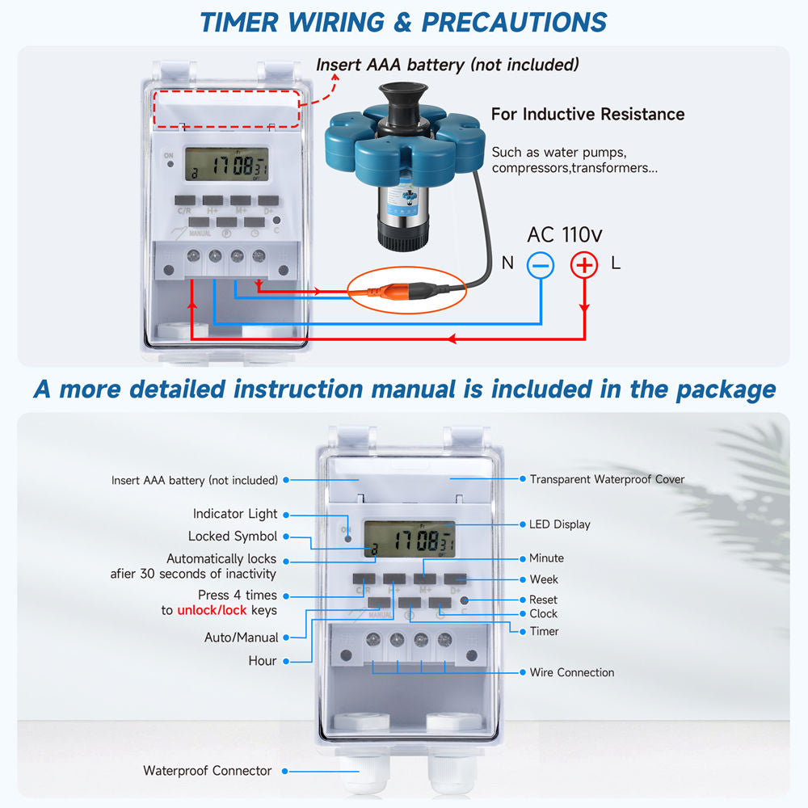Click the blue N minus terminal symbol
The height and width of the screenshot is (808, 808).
(x=541, y=264)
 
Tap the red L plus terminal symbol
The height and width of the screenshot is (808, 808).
(x=584, y=264)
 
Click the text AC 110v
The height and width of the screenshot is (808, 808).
(x=564, y=235)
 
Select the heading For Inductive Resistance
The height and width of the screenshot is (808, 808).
(x=587, y=114)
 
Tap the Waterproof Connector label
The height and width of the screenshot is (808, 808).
(x=207, y=771)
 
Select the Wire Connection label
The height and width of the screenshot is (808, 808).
(x=571, y=672)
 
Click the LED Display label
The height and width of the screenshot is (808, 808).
(x=559, y=524)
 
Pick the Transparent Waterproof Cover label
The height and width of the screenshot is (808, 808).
(x=607, y=479)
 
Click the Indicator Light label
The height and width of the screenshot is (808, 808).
(x=234, y=514)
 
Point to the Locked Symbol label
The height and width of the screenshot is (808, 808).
(x=233, y=537)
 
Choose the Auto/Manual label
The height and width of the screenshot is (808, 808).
(x=241, y=638)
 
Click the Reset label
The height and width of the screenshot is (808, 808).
(x=543, y=600)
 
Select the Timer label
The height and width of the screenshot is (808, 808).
(x=544, y=631)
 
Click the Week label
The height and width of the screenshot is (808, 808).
(x=544, y=579)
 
